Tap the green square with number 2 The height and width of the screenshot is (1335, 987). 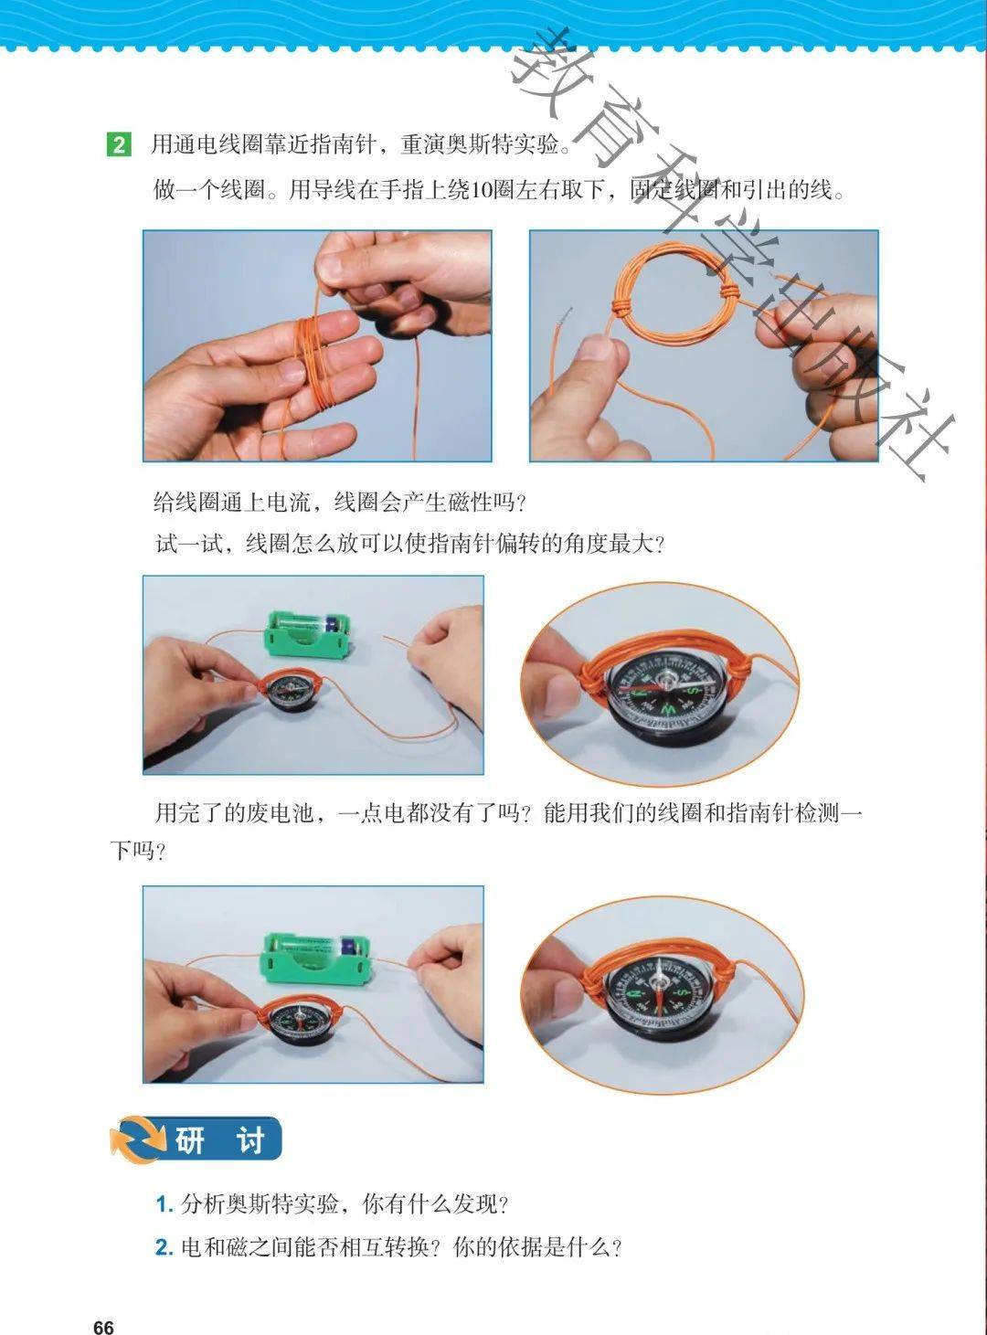[x=119, y=145]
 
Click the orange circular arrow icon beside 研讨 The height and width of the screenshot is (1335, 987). [x=139, y=1139]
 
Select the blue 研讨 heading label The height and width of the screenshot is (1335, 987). [x=220, y=1139]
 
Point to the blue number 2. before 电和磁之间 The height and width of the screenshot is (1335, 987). [x=164, y=1247]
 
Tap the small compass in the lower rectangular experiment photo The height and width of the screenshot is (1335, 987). [x=299, y=1022]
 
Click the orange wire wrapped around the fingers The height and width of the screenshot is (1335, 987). [x=314, y=360]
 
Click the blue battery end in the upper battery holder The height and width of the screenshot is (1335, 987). [x=334, y=624]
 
